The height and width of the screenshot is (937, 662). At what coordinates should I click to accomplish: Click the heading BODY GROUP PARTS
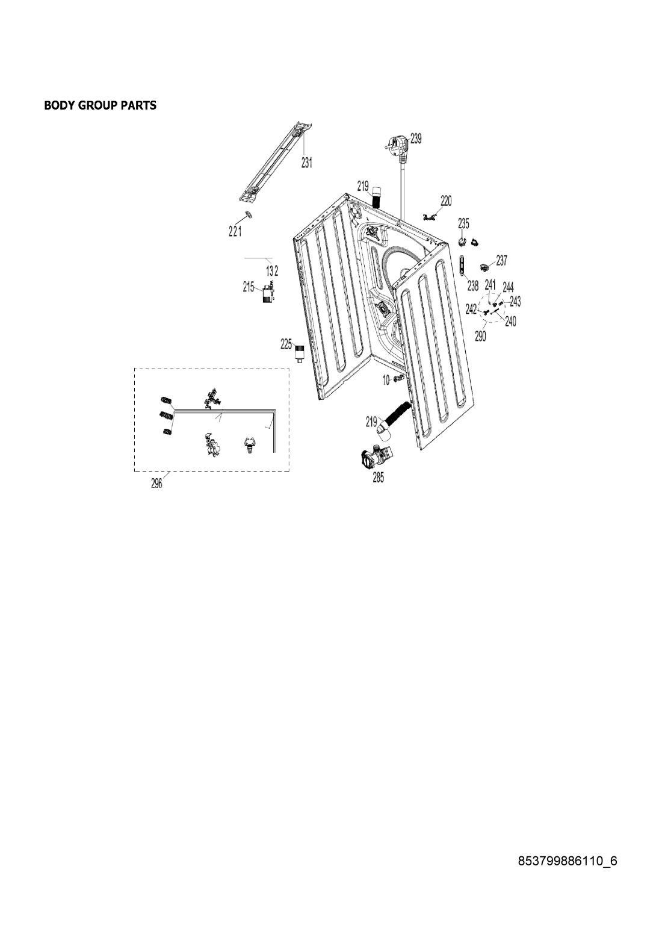[101, 105]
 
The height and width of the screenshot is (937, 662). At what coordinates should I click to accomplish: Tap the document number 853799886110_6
[568, 861]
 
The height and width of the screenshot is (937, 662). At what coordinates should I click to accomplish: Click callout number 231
[307, 163]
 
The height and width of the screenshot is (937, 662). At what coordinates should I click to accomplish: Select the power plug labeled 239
[396, 149]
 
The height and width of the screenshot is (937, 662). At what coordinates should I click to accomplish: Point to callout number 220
[447, 201]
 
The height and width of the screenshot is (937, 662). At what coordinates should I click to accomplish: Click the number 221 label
[235, 231]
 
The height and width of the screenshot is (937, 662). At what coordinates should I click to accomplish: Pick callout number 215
[248, 287]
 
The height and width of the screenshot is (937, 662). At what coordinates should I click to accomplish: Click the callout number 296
[156, 484]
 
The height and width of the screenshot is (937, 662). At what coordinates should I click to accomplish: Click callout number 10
[386, 380]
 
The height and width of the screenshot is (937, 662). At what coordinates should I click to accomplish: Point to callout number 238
[472, 285]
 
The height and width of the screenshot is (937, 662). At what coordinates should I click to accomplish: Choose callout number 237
[501, 260]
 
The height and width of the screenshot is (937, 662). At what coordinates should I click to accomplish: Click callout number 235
[463, 223]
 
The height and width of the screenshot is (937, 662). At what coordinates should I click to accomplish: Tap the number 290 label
[480, 336]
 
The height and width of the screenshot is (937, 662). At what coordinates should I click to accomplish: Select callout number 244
[508, 287]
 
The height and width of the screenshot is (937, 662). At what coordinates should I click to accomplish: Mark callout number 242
[471, 309]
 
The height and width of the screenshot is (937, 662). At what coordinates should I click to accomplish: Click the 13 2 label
[272, 271]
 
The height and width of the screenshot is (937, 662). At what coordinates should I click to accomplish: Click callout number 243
[515, 301]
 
